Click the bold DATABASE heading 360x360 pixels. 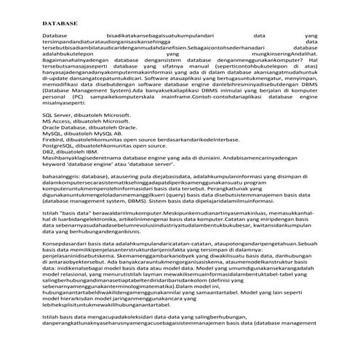point(60,24)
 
